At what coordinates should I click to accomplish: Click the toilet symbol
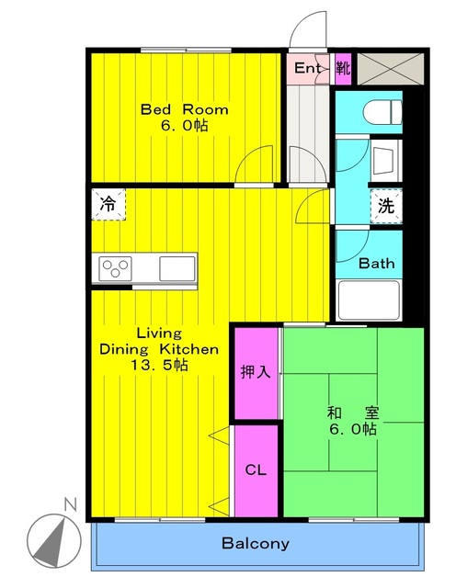382,112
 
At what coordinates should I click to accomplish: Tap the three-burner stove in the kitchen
115,268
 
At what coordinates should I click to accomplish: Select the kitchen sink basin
177,268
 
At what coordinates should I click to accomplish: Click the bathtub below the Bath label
368,300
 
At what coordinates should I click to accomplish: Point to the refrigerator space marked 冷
108,204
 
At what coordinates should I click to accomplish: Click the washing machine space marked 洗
386,206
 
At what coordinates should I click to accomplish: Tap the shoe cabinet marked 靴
343,69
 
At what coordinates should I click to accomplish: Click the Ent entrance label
307,68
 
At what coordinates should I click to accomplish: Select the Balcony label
256,543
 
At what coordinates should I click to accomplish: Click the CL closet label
256,469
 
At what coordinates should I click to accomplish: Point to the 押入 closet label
256,372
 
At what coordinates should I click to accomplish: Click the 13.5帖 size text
159,365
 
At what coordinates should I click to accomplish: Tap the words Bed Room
184,109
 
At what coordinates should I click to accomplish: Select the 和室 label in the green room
353,413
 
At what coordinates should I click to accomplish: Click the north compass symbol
54,541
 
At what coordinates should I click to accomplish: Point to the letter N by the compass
70,504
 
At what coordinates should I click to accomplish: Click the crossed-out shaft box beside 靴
391,69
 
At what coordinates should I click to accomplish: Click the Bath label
376,264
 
